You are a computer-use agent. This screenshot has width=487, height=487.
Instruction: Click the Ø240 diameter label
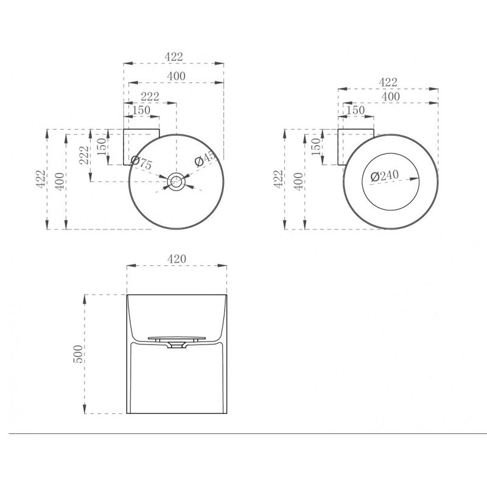pyautogui.click(x=385, y=176)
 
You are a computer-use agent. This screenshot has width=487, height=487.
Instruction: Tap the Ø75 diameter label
pyautogui.click(x=141, y=163)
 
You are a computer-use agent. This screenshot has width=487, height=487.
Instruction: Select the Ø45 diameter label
pyautogui.click(x=205, y=158)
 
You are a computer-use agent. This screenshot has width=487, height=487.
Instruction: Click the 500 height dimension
pyautogui.click(x=78, y=354)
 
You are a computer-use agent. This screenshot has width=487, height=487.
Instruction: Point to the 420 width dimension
pyautogui.click(x=177, y=259)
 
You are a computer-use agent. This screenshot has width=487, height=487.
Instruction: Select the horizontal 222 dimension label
pyautogui.click(x=150, y=96)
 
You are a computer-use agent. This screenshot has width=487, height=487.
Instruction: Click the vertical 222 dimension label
pyautogui.click(x=84, y=155)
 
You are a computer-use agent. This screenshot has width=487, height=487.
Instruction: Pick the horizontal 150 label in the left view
pyautogui.click(x=141, y=110)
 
